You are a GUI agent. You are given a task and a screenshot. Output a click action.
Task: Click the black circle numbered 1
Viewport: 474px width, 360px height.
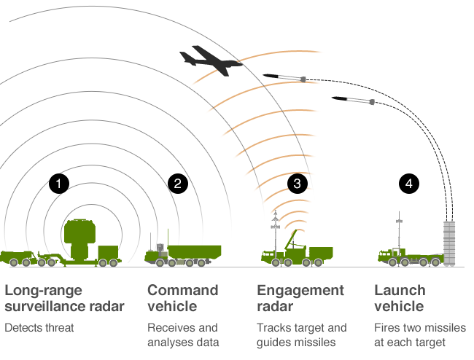click(59, 184)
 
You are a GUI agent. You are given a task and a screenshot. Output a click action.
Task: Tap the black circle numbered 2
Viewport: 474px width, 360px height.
click(178, 184)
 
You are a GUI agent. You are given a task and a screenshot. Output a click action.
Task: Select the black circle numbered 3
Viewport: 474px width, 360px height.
click(297, 184)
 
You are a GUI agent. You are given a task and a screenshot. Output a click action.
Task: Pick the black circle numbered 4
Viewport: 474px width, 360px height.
click(408, 184)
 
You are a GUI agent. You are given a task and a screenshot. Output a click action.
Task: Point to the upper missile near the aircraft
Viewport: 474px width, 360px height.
click(284, 77)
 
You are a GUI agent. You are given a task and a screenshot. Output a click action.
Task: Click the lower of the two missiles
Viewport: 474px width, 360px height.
click(353, 100)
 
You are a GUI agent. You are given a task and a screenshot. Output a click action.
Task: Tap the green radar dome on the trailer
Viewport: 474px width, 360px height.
click(80, 238)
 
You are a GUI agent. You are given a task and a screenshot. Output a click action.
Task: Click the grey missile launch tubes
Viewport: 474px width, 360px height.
click(449, 243)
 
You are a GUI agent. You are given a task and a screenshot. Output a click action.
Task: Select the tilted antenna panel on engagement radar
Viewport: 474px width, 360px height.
click(290, 239)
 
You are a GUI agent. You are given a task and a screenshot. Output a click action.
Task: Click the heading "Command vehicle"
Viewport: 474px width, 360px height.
click(182, 298)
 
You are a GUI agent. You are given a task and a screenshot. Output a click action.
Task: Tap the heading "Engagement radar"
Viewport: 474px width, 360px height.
click(300, 298)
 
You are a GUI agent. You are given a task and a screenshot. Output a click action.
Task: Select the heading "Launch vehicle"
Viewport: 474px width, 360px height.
click(400, 298)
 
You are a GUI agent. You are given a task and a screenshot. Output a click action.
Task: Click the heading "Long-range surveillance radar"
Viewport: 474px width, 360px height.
click(64, 298)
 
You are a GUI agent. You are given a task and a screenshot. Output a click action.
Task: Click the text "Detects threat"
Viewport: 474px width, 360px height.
click(39, 328)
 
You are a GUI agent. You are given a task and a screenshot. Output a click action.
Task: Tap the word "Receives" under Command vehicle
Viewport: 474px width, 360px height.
click(166, 328)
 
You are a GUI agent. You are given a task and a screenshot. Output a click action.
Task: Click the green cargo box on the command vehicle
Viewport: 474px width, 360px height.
click(195, 252)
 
